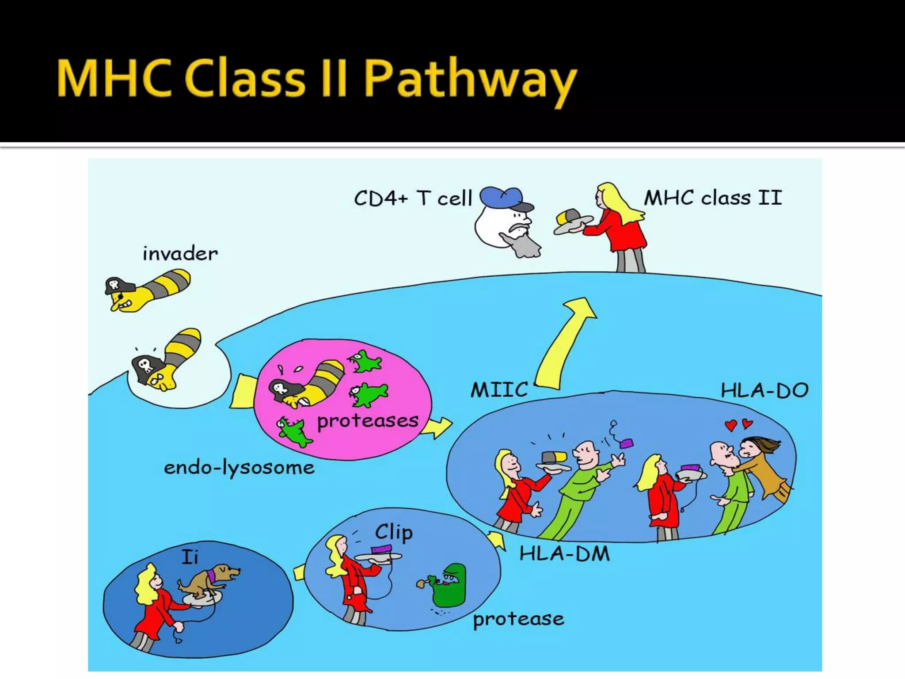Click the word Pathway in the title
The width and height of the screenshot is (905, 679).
tap(471, 80)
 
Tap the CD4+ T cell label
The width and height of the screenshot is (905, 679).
tap(413, 198)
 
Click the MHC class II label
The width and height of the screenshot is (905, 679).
tap(712, 197)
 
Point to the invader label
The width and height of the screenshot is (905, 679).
tap(180, 254)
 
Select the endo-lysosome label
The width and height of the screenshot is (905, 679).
tap(239, 467)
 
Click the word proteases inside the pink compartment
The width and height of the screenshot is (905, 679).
tap(368, 420)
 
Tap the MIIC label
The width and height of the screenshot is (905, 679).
tap(499, 390)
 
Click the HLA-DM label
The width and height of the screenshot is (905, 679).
tap(564, 553)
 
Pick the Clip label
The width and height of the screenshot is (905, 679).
tap(394, 532)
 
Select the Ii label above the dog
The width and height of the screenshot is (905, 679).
tap(190, 557)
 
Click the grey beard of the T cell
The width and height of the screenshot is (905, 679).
tap(524, 245)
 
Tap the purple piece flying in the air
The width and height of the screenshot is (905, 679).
tap(626, 443)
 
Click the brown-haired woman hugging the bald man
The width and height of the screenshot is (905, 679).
tap(762, 466)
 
